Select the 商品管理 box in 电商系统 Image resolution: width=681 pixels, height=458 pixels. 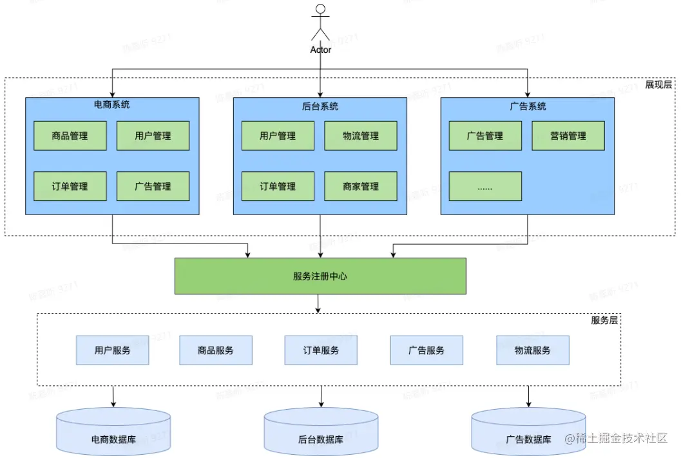click(70, 136)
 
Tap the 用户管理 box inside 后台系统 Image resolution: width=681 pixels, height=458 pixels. click(278, 136)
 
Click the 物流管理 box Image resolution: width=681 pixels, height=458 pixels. click(361, 136)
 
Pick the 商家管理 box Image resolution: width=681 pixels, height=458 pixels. click(361, 186)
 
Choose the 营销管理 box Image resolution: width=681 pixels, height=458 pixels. click(568, 136)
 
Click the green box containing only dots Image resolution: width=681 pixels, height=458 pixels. click(485, 186)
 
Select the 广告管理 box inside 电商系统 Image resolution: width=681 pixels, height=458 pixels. click(153, 186)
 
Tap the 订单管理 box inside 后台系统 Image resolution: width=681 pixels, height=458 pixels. click(278, 186)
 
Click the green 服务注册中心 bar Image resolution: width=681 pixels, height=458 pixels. click(320, 276)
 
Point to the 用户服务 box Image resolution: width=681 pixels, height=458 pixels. click(112, 350)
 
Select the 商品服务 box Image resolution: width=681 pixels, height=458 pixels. click(216, 350)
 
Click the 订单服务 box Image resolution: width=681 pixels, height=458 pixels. click(321, 350)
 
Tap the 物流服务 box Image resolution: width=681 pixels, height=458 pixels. click(533, 350)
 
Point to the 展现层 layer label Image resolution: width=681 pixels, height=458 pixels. click(658, 84)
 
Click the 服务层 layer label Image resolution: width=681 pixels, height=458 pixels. click(604, 320)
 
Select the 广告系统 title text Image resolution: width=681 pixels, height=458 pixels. click(528, 106)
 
